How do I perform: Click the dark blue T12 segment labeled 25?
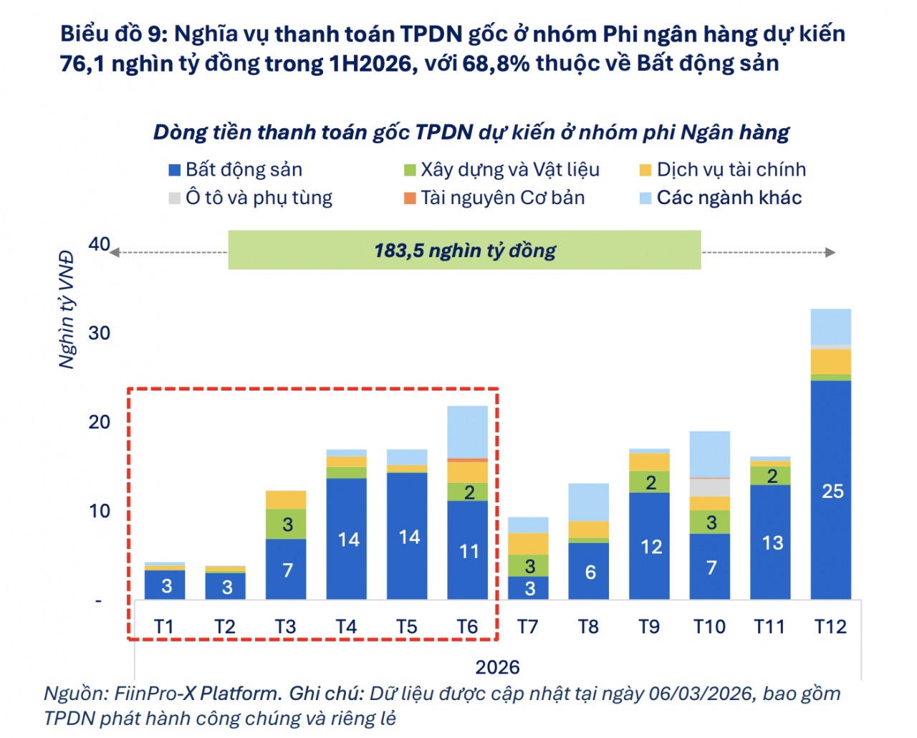[x=831, y=490]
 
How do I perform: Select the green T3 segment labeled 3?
[x=286, y=524]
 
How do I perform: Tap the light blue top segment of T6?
[x=467, y=431]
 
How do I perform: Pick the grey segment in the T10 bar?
[x=710, y=487]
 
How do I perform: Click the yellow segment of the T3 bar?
[x=286, y=499]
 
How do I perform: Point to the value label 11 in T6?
[x=468, y=551]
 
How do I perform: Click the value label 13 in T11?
[x=771, y=543]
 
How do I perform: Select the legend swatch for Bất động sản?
[x=174, y=170]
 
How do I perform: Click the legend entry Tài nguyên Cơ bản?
[x=502, y=198]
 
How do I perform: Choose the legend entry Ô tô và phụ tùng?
[x=259, y=198]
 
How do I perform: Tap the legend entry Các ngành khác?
[x=729, y=198]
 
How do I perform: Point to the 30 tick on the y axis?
[x=100, y=333]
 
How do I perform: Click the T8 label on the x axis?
[x=588, y=627]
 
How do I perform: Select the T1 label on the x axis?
[x=164, y=627]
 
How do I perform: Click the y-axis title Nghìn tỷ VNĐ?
[x=67, y=310]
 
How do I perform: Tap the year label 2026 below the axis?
[x=497, y=667]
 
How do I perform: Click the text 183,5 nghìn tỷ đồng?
[x=464, y=251]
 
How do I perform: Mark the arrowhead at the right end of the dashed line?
[x=830, y=252]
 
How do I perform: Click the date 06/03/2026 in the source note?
[x=700, y=694]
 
